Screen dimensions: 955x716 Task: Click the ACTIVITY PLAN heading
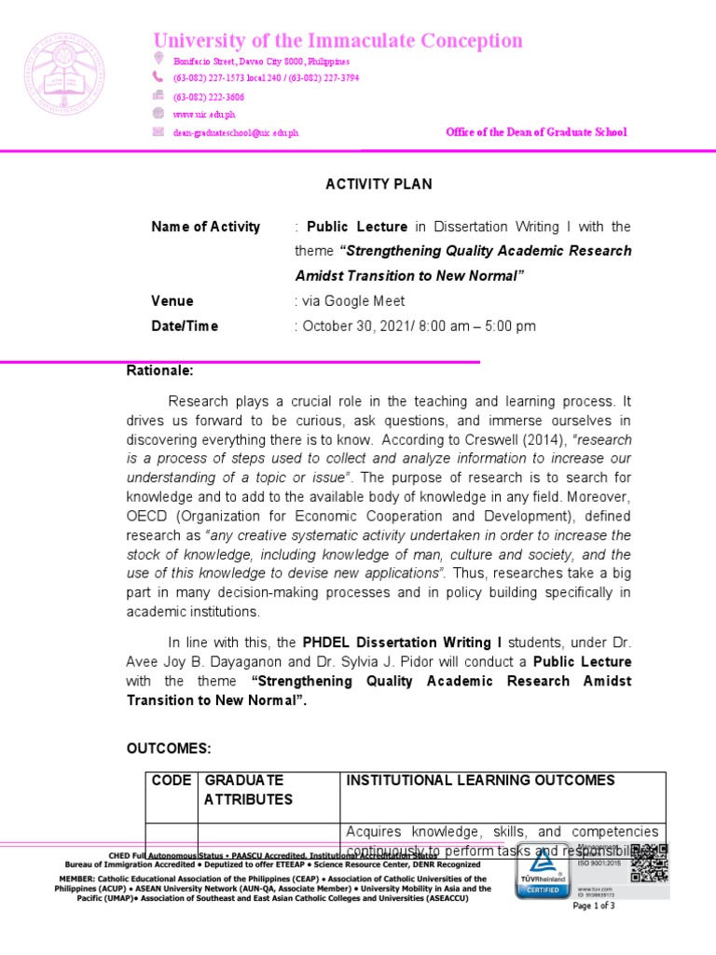coord(379,185)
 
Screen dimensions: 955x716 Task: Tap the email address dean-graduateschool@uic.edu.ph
coord(236,132)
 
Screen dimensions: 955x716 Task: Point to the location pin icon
coord(158,59)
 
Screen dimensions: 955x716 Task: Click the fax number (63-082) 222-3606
coord(209,96)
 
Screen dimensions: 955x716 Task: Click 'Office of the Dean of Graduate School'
coord(536,132)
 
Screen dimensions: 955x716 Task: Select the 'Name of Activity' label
coord(206,227)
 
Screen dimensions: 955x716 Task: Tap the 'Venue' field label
coord(172,301)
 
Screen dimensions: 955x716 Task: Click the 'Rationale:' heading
coord(159,371)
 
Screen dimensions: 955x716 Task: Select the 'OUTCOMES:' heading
coord(169,749)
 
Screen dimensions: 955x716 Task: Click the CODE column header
coord(172,781)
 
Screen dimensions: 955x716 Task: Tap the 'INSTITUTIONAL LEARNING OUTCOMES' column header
coord(481,781)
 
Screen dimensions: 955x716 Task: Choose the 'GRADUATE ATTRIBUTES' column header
coord(244,790)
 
